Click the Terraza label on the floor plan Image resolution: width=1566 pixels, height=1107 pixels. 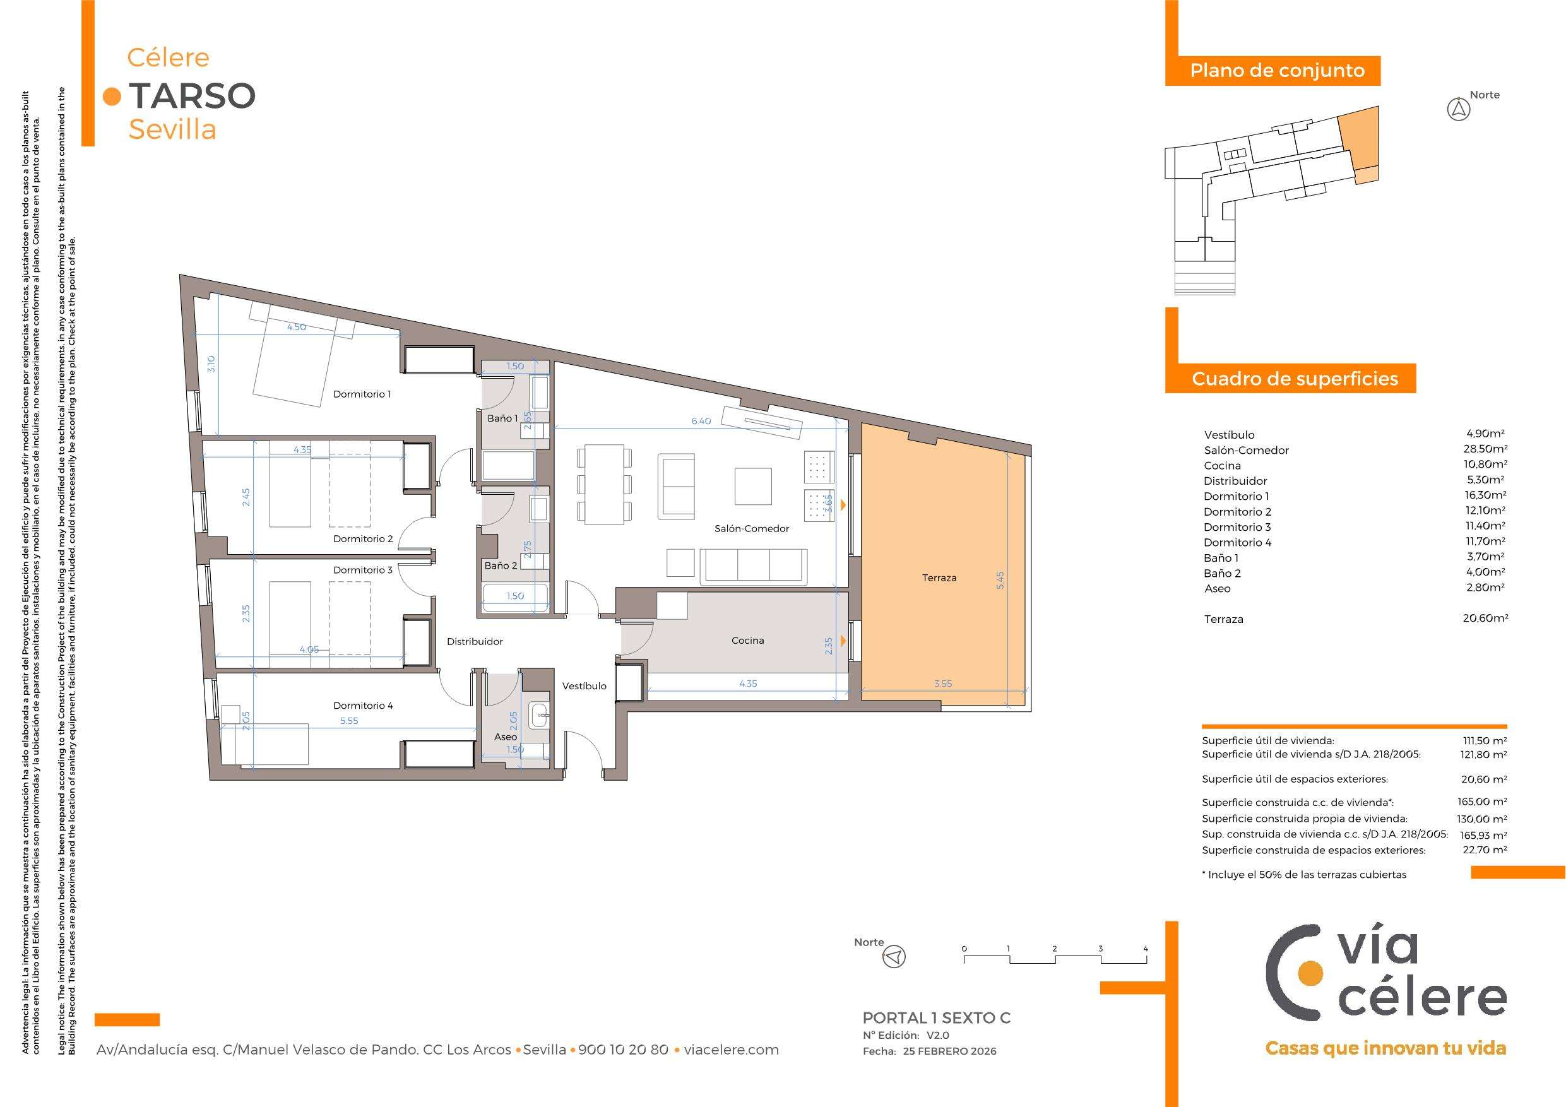tap(939, 577)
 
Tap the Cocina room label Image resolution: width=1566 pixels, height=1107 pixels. tap(747, 641)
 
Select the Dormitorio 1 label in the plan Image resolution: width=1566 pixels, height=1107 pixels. tap(362, 394)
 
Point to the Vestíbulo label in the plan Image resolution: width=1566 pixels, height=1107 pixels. tap(584, 686)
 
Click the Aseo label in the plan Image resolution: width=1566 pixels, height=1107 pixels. tap(506, 737)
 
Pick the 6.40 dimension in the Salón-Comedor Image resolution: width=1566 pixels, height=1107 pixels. tap(701, 421)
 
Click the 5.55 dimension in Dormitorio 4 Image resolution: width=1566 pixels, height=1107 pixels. tap(348, 720)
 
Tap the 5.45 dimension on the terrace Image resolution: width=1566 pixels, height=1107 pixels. tap(1000, 581)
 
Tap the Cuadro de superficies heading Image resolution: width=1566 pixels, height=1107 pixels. tap(1295, 379)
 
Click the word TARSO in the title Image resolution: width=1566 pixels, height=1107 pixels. tap(192, 95)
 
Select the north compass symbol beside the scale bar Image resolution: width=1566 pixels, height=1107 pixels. tap(894, 957)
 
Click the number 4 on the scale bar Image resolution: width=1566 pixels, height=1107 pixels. tap(1146, 948)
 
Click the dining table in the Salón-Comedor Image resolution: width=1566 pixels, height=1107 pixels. tap(601, 485)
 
